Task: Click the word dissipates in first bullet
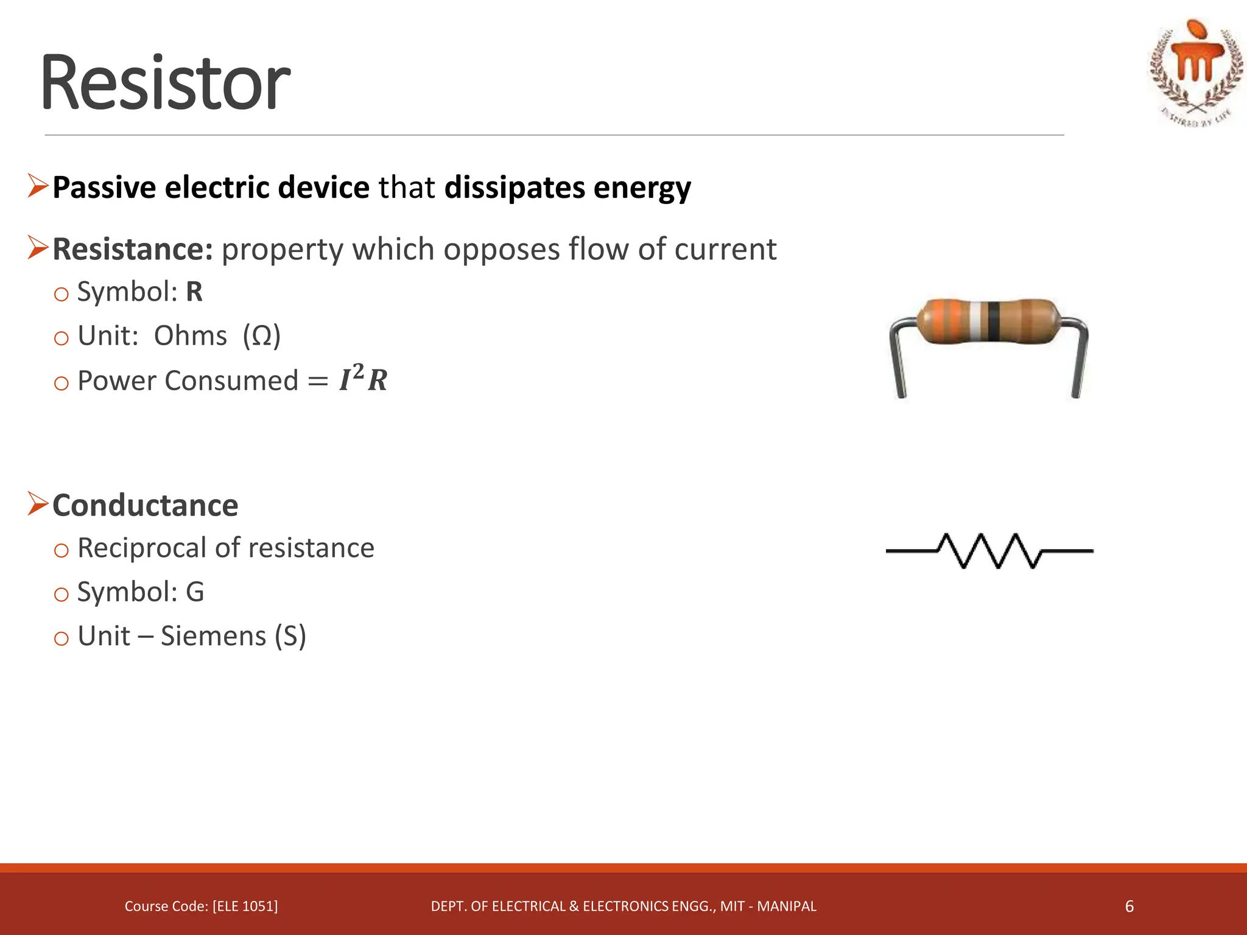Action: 515,187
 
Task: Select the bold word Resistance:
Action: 132,250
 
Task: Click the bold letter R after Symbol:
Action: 194,292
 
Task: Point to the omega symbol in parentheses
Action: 261,336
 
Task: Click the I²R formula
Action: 363,380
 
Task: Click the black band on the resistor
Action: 994,320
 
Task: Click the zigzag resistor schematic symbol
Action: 989,551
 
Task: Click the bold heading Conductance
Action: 145,506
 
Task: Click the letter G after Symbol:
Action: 195,592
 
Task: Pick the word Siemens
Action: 213,637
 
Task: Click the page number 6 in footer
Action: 1129,906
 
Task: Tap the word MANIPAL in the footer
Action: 786,906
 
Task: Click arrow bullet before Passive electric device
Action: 37,186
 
